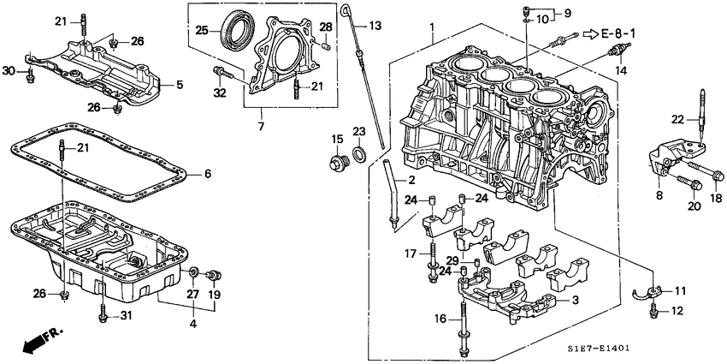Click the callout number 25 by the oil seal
pyautogui.click(x=202, y=30)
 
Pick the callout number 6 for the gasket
pyautogui.click(x=207, y=174)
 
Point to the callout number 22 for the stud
pyautogui.click(x=677, y=120)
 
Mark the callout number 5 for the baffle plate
pyautogui.click(x=180, y=84)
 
